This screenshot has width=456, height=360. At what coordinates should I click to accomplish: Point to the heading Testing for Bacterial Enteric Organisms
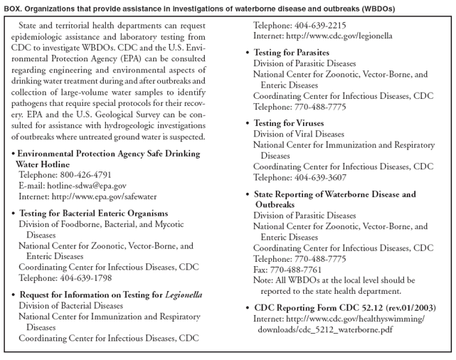tap(93, 213)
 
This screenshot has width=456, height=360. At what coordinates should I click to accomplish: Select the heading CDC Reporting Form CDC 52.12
tap(345, 308)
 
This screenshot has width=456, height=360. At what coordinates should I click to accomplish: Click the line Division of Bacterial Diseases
tap(70, 305)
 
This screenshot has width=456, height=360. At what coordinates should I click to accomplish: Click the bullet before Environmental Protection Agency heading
tap(14, 154)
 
